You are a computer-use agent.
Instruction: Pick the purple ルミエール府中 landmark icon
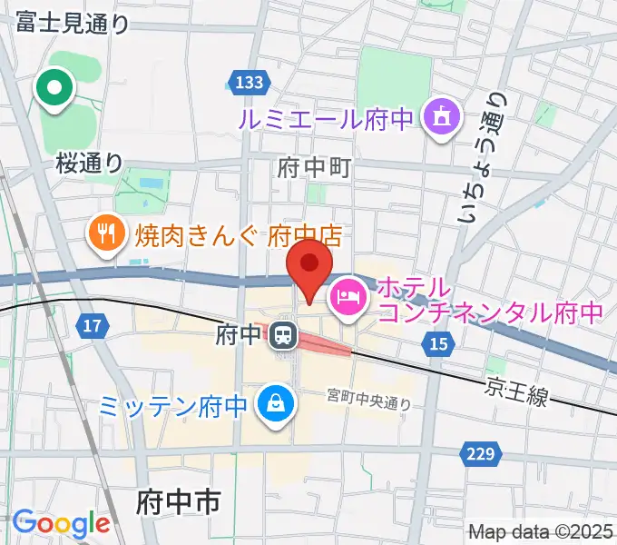pos(442,117)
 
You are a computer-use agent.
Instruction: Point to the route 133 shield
pos(247,84)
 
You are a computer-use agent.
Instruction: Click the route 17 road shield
pos(93,324)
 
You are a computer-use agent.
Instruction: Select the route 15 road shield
pos(439,342)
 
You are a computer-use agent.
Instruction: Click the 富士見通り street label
pos(73,23)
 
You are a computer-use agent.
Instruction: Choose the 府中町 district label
pos(313,167)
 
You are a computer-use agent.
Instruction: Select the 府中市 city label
pos(179,501)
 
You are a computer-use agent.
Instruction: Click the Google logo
pos(61,524)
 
